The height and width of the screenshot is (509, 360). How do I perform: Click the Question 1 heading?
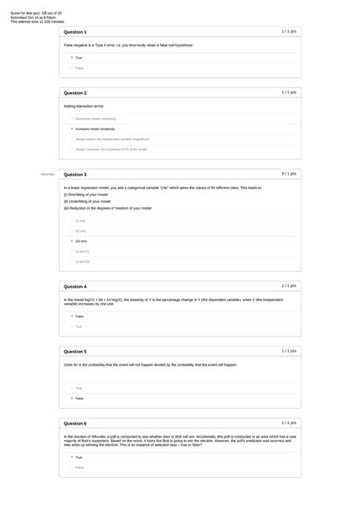pyautogui.click(x=75, y=33)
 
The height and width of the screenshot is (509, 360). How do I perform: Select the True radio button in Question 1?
pyautogui.click(x=71, y=57)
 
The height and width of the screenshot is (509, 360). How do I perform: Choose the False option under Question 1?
pyautogui.click(x=71, y=68)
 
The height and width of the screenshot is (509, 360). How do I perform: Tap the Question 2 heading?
pyautogui.click(x=75, y=93)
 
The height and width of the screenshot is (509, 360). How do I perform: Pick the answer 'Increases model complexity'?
pyautogui.click(x=71, y=129)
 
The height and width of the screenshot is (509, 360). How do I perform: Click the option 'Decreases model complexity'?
pyautogui.click(x=71, y=119)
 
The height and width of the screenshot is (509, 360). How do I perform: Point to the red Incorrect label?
pyautogui.click(x=48, y=174)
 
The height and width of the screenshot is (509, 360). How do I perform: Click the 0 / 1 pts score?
pyautogui.click(x=289, y=173)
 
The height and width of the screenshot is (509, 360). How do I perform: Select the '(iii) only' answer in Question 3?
pyautogui.click(x=71, y=241)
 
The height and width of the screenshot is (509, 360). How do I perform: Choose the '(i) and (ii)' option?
pyautogui.click(x=71, y=251)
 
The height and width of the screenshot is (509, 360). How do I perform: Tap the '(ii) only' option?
pyautogui.click(x=71, y=230)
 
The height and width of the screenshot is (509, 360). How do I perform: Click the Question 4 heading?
pyautogui.click(x=75, y=286)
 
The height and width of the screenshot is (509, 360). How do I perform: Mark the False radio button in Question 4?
pyautogui.click(x=71, y=316)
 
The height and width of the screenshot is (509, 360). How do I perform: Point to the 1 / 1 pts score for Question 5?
pyautogui.click(x=289, y=352)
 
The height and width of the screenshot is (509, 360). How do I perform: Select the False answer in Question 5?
pyautogui.click(x=71, y=398)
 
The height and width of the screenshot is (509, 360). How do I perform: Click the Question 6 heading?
pyautogui.click(x=75, y=423)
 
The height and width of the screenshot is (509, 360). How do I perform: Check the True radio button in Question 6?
pyautogui.click(x=71, y=457)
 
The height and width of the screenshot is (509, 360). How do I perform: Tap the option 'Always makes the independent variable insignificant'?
pyautogui.click(x=71, y=139)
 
